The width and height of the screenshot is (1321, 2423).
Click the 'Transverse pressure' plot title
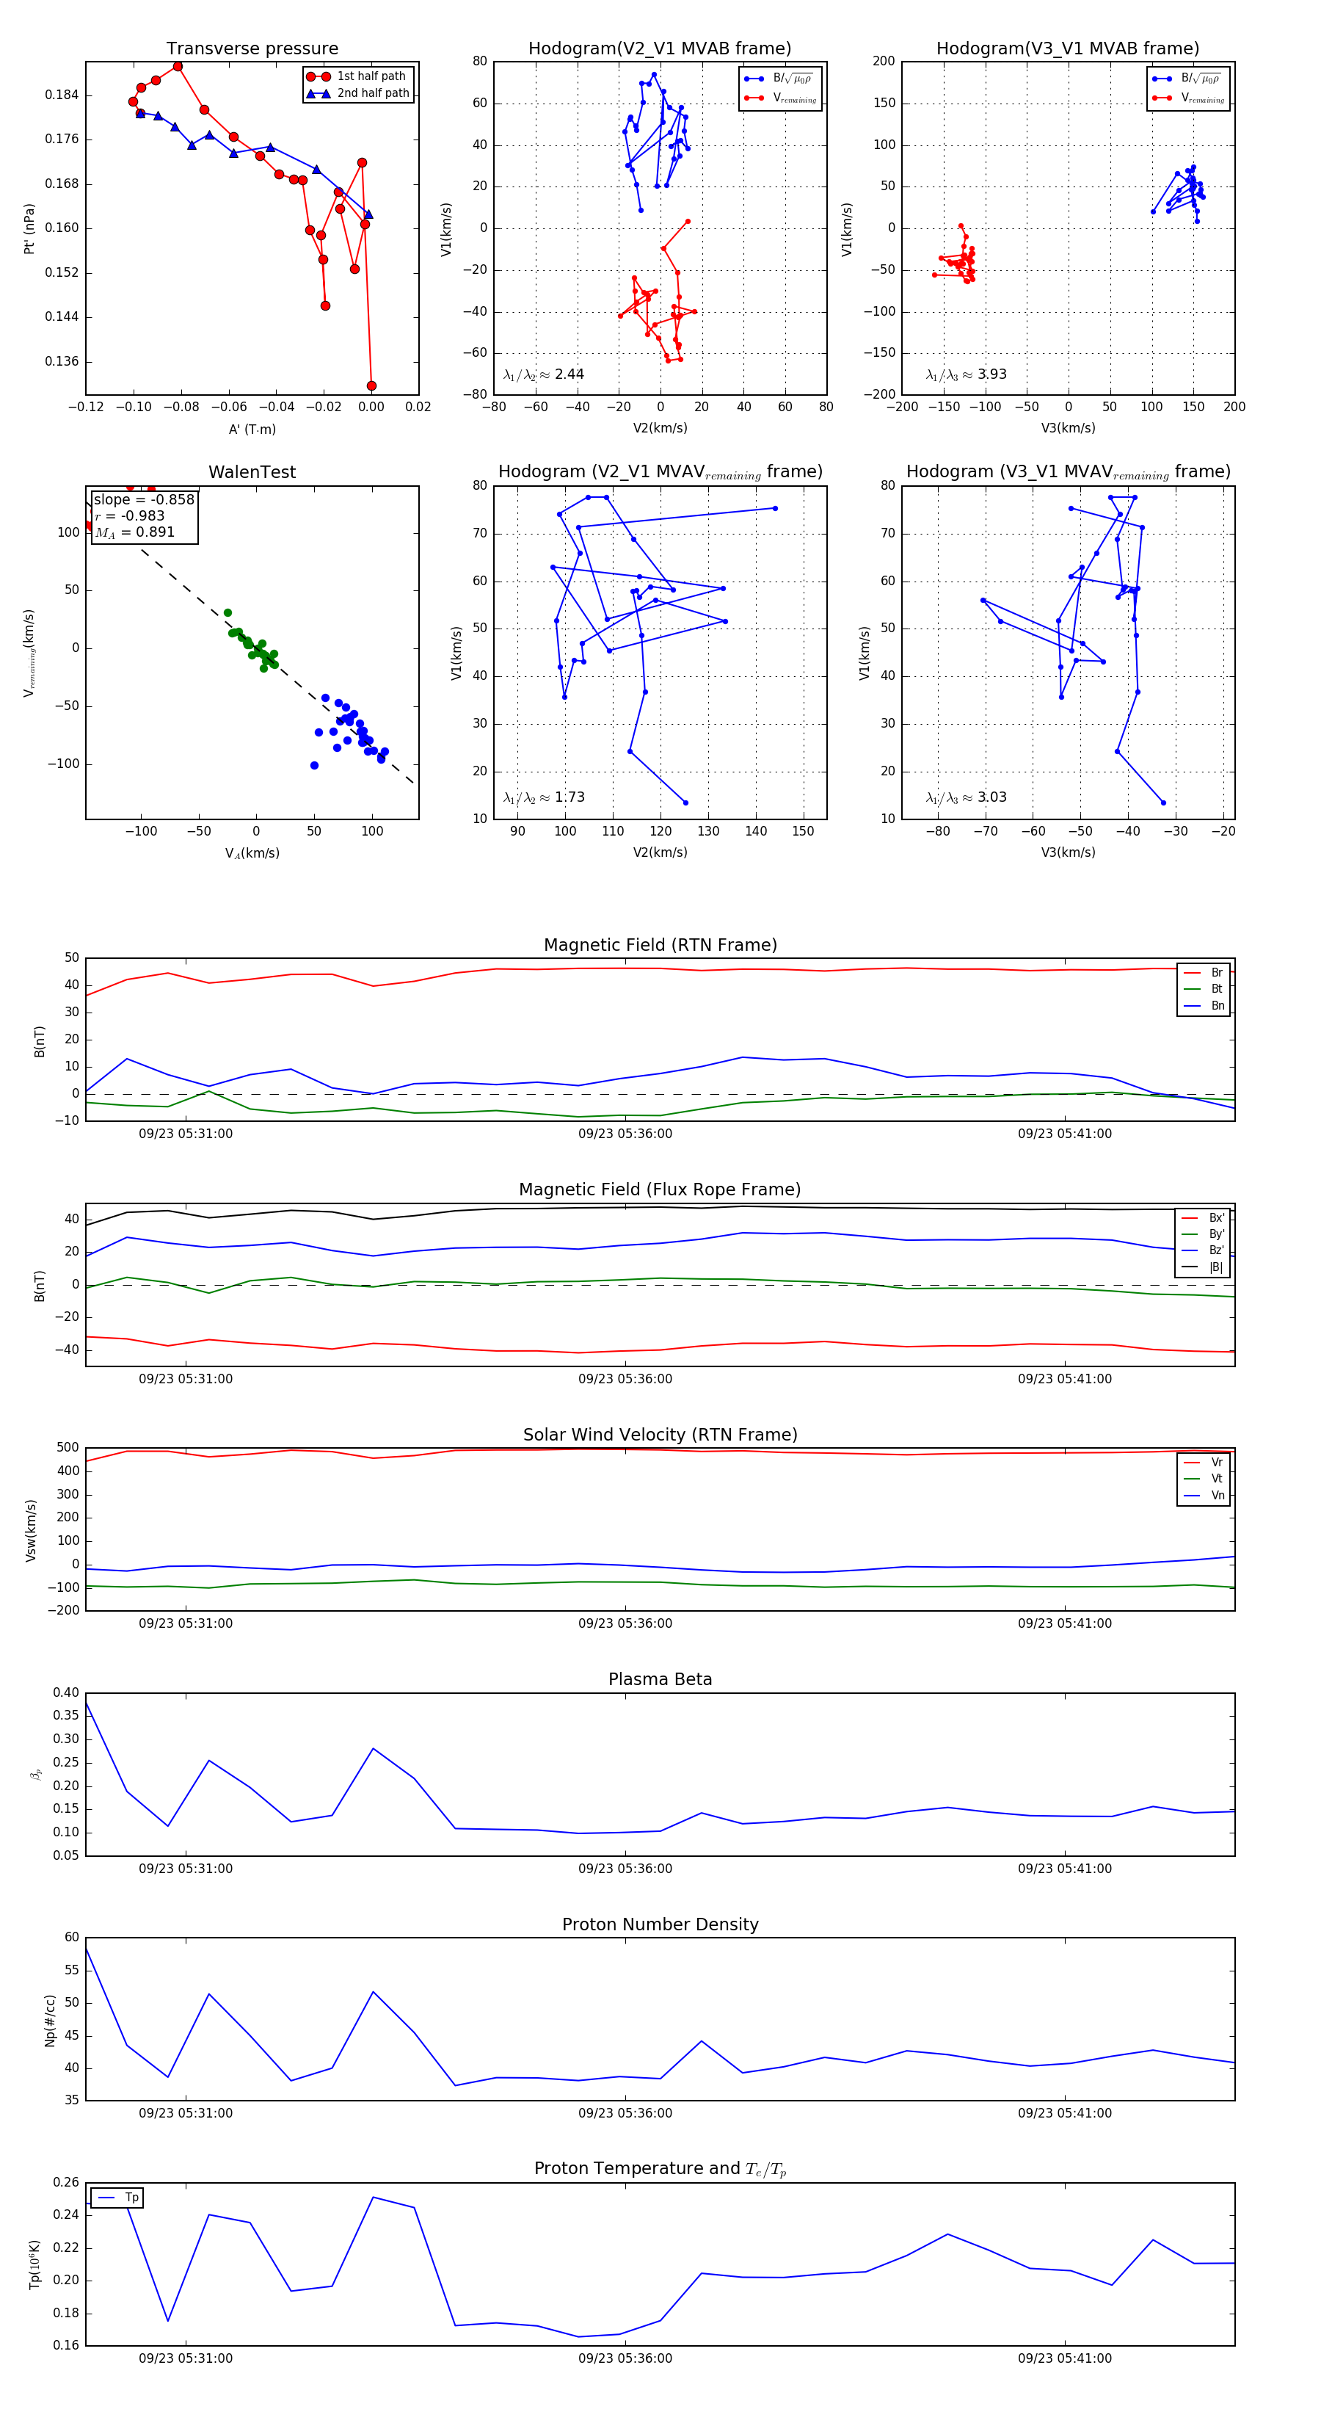click(x=252, y=49)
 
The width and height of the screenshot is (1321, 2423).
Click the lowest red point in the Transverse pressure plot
click(x=371, y=385)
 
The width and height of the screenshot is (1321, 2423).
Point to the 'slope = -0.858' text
click(x=144, y=499)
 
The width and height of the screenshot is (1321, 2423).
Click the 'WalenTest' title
click(x=252, y=472)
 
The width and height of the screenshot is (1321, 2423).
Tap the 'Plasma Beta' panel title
click(x=660, y=1679)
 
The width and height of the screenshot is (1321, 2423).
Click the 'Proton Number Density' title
click(x=660, y=1924)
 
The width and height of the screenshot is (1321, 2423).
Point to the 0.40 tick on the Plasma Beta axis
click(x=66, y=1692)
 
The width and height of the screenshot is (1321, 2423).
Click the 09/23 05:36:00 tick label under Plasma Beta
click(x=625, y=1869)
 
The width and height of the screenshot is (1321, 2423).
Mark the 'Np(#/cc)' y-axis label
click(x=51, y=2021)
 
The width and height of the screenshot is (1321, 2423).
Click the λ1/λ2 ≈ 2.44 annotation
click(x=543, y=374)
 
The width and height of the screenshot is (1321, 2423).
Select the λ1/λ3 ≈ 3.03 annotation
click(x=966, y=797)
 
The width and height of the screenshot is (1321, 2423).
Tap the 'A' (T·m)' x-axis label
click(x=252, y=430)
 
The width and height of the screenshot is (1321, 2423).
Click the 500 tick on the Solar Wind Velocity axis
click(x=68, y=1448)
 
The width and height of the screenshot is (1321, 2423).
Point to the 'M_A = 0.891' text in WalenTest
click(x=134, y=532)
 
